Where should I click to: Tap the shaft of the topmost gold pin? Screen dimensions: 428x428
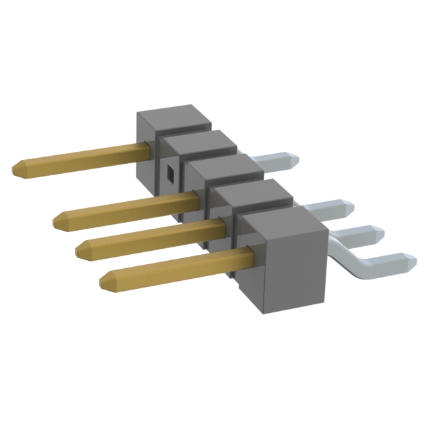pyautogui.click(x=87, y=158)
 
